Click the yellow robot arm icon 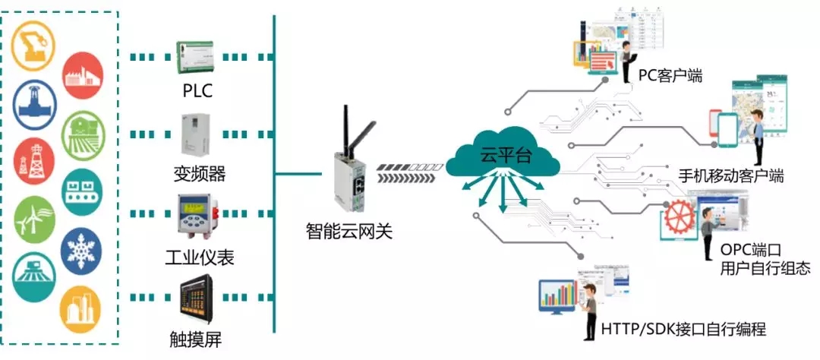(33, 42)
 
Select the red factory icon (82, 74)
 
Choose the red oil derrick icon (33, 160)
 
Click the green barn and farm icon (81, 133)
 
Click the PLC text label (197, 91)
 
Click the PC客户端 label (670, 75)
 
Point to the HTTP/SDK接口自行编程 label (683, 330)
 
